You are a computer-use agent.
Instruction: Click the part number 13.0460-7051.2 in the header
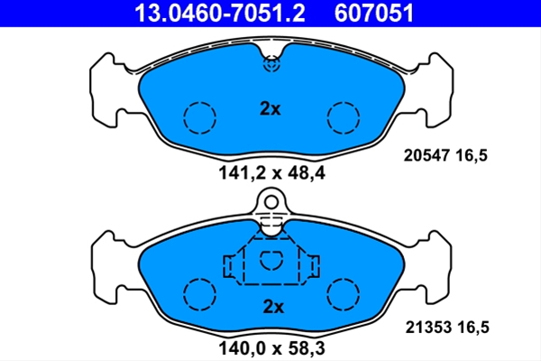pyautogui.click(x=220, y=14)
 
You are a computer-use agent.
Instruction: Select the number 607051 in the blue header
pyautogui.click(x=373, y=14)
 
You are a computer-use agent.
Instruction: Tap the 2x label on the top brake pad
pyautogui.click(x=270, y=109)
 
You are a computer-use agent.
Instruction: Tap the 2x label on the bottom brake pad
pyautogui.click(x=273, y=307)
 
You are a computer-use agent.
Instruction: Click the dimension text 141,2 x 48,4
pyautogui.click(x=272, y=173)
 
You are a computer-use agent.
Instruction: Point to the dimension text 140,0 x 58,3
pyautogui.click(x=272, y=348)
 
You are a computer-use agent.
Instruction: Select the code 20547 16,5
pyautogui.click(x=445, y=155)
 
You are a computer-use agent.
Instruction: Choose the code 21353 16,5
pyautogui.click(x=447, y=327)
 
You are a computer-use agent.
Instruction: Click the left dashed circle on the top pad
pyautogui.click(x=184, y=117)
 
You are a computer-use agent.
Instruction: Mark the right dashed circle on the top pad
pyautogui.click(x=327, y=117)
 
